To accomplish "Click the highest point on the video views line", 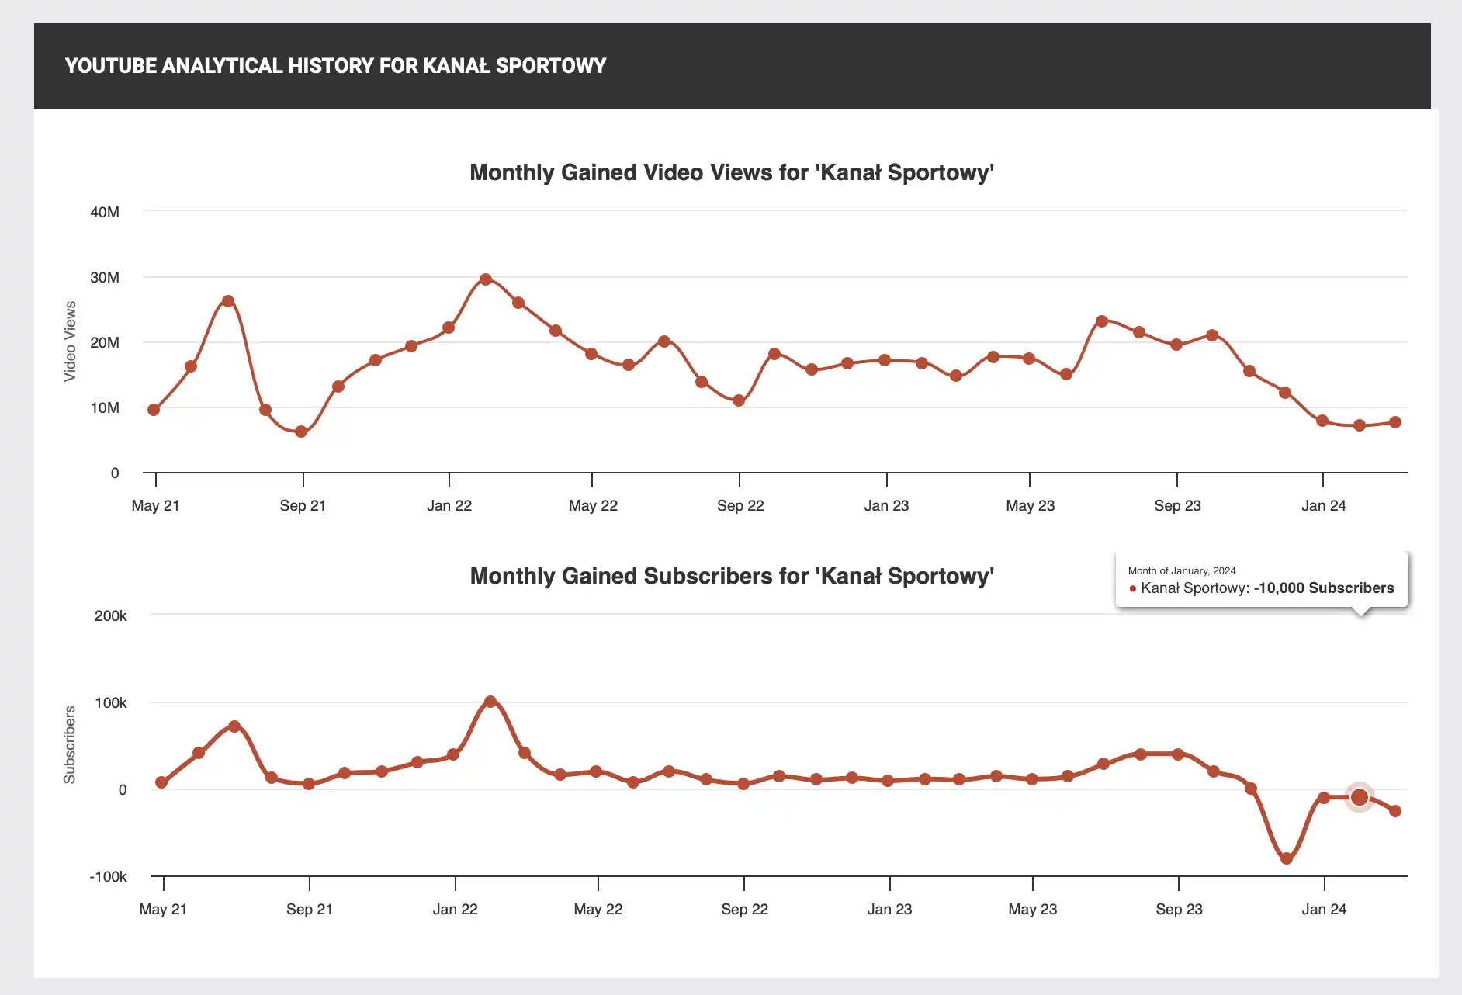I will coord(486,279).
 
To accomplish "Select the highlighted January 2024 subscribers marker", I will coord(1360,797).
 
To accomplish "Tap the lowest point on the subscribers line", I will coord(1287,858).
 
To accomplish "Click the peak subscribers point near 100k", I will coord(490,702).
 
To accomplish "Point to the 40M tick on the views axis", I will coord(105,212).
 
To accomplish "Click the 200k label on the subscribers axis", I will coord(110,615).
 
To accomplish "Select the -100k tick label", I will coord(108,876).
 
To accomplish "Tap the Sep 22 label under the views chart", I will coord(740,505).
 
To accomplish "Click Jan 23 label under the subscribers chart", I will coord(889,909).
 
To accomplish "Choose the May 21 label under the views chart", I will coord(155,505).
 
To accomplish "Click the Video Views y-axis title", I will coord(70,341).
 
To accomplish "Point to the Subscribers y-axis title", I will coord(70,745).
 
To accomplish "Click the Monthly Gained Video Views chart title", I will coord(732,172).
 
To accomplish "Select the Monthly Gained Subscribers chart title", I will coord(732,576).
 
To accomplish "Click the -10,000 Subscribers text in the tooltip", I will coord(1324,588).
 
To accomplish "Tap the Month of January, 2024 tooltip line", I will coord(1182,570).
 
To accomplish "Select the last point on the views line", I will coord(1395,422).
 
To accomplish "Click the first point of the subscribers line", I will coord(161,782).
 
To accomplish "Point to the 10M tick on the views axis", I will coord(105,407).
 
